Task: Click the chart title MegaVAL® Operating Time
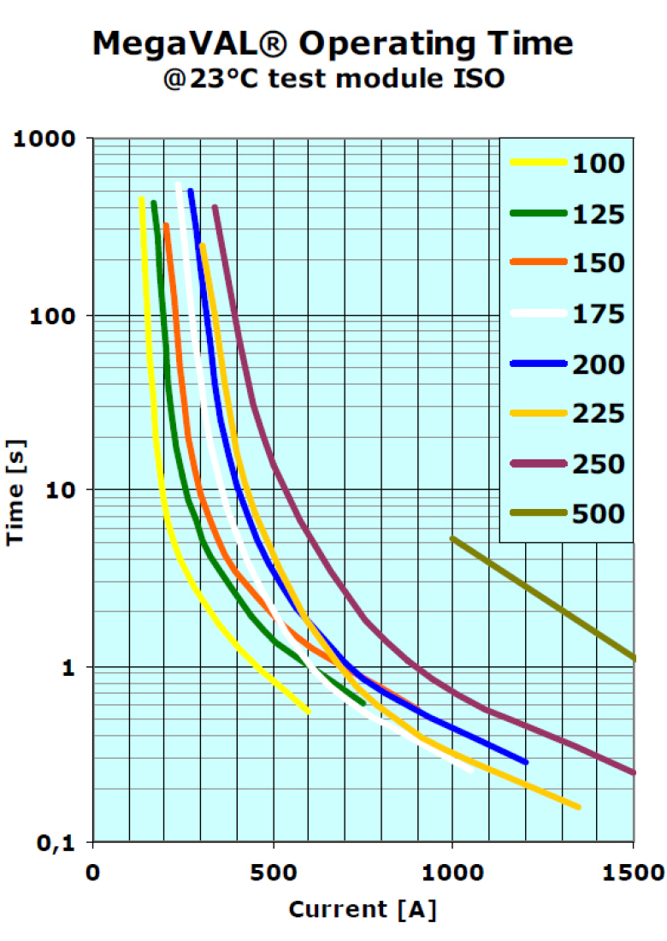click(x=333, y=43)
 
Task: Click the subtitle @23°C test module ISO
click(x=333, y=80)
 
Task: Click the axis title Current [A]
click(x=363, y=908)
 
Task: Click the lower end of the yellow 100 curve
click(x=308, y=711)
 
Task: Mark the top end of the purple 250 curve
click(x=215, y=207)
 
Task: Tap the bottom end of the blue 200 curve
click(x=525, y=761)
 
